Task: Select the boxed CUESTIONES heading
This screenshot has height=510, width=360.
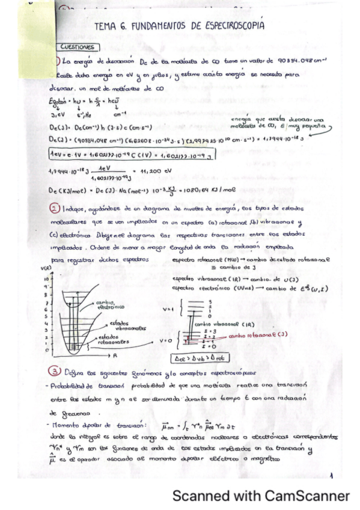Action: [77, 46]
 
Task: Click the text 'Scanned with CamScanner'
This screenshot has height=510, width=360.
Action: [260, 496]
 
